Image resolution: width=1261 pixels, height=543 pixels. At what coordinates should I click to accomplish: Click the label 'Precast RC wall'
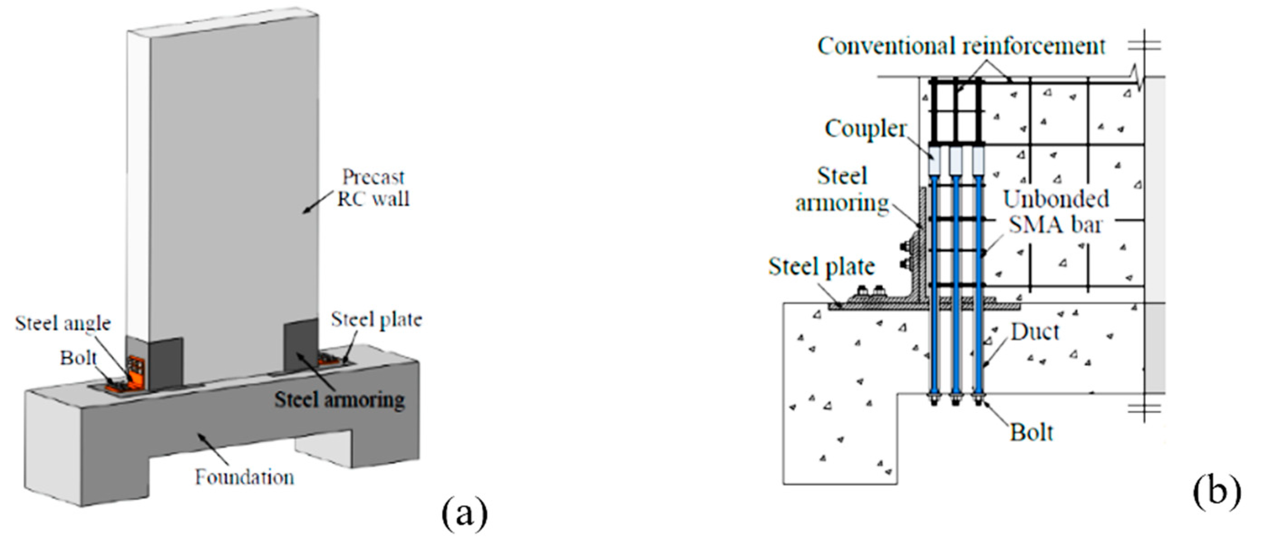click(373, 188)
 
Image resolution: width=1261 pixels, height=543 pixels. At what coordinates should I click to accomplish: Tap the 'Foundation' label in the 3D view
click(244, 477)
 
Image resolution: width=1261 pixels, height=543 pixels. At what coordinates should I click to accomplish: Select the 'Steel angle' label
click(63, 323)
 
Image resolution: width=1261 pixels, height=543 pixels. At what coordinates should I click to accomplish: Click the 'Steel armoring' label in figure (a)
click(339, 400)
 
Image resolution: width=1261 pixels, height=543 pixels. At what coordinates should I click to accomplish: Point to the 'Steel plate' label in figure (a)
click(376, 320)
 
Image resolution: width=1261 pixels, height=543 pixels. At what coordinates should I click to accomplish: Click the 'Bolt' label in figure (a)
click(78, 358)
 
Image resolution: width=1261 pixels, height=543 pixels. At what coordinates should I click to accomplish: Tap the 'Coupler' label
click(865, 129)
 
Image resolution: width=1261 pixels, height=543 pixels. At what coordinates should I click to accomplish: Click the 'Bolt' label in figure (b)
click(1031, 432)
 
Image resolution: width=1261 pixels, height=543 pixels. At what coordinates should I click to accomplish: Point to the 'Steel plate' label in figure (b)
click(821, 267)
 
